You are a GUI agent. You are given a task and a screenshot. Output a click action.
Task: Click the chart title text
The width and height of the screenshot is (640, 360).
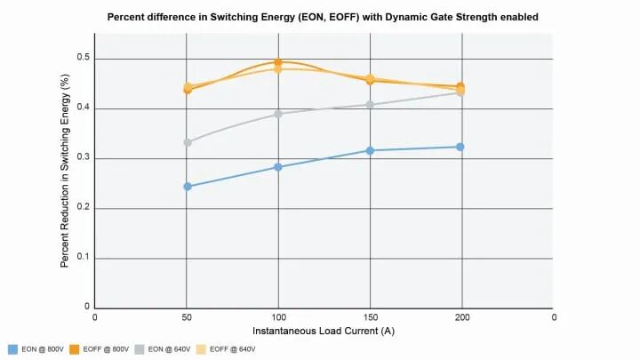(x=323, y=16)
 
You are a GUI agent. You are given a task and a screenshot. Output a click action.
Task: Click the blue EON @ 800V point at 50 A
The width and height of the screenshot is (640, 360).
(x=188, y=187)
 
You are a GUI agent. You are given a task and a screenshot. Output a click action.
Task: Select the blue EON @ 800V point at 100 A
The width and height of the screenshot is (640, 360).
(x=278, y=167)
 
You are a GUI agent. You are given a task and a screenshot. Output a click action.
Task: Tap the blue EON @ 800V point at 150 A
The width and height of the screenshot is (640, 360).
(x=370, y=150)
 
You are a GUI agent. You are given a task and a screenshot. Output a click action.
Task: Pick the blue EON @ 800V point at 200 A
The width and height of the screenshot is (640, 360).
(x=460, y=147)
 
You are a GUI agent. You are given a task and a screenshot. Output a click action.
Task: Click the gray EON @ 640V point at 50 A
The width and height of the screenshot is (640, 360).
(x=188, y=142)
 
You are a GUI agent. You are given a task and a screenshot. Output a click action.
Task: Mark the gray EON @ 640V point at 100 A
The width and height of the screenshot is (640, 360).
(x=278, y=114)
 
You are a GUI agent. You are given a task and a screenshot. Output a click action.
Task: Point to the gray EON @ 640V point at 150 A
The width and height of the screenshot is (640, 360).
(x=370, y=105)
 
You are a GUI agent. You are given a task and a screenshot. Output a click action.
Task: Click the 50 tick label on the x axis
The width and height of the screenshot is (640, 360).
(x=187, y=317)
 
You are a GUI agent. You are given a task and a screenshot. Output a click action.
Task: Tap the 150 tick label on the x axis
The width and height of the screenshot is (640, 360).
(x=369, y=317)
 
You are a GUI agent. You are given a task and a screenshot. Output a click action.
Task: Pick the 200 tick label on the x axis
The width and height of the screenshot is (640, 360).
(x=460, y=317)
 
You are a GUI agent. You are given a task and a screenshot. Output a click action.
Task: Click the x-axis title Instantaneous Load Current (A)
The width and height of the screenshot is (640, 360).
(x=324, y=331)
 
